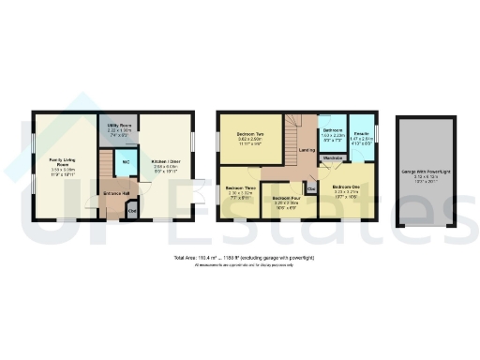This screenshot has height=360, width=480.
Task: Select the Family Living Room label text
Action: pos(62,166)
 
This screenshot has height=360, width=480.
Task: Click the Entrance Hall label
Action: pos(115,194)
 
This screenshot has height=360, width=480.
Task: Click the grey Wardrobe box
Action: pos(332,158)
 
